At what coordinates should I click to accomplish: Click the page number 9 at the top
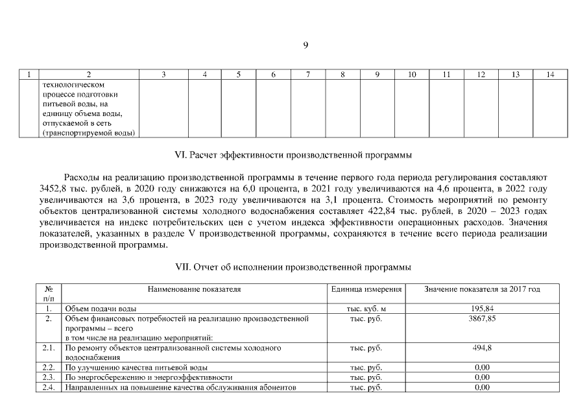click(305, 45)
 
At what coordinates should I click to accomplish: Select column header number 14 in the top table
click(550, 75)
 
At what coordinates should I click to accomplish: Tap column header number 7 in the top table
click(307, 75)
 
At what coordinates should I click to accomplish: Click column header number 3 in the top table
click(163, 75)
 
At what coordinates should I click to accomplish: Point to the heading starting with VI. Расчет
click(293, 156)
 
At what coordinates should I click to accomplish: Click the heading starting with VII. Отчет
click(293, 267)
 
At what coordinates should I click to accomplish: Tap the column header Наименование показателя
click(194, 289)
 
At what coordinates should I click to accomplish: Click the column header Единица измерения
click(366, 289)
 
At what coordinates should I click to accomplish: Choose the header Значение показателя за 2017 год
click(482, 289)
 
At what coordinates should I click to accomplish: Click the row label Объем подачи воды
click(101, 309)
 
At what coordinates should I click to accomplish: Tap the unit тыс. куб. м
click(366, 309)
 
